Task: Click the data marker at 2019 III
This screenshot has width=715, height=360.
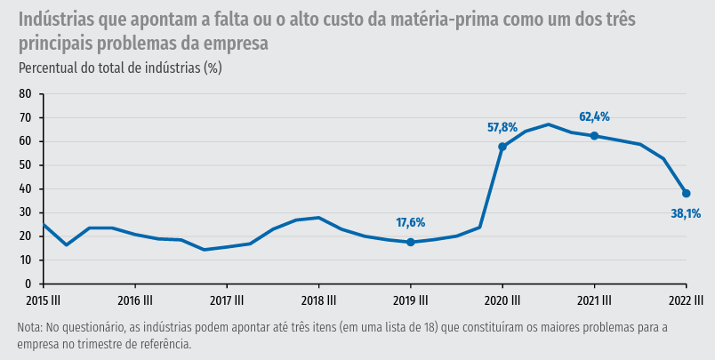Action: coord(411,242)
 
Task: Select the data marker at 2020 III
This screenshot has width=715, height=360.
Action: coord(502,147)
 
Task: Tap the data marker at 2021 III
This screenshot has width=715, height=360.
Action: coord(594,136)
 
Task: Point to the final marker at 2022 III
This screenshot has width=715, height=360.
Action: coord(687,194)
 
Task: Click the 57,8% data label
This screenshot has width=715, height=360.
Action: coord(502,127)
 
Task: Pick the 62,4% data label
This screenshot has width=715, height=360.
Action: coord(594,116)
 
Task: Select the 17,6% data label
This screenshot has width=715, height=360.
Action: coord(410,222)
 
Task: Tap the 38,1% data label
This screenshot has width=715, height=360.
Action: coord(686,213)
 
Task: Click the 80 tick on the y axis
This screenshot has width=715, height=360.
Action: coord(25,94)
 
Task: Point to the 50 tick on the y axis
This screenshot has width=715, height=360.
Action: coord(25,165)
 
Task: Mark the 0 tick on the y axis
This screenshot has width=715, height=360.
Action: coord(28,284)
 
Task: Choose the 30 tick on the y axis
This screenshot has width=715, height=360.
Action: coord(25,212)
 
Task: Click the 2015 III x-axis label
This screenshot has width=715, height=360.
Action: coord(43,300)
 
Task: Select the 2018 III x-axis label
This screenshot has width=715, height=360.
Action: coord(318,300)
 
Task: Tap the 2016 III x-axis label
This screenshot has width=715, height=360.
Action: coord(135,300)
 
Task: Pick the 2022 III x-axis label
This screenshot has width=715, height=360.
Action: coord(686,300)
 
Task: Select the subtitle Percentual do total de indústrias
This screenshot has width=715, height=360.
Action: coord(119,68)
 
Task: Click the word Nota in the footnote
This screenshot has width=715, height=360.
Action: coord(29,328)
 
